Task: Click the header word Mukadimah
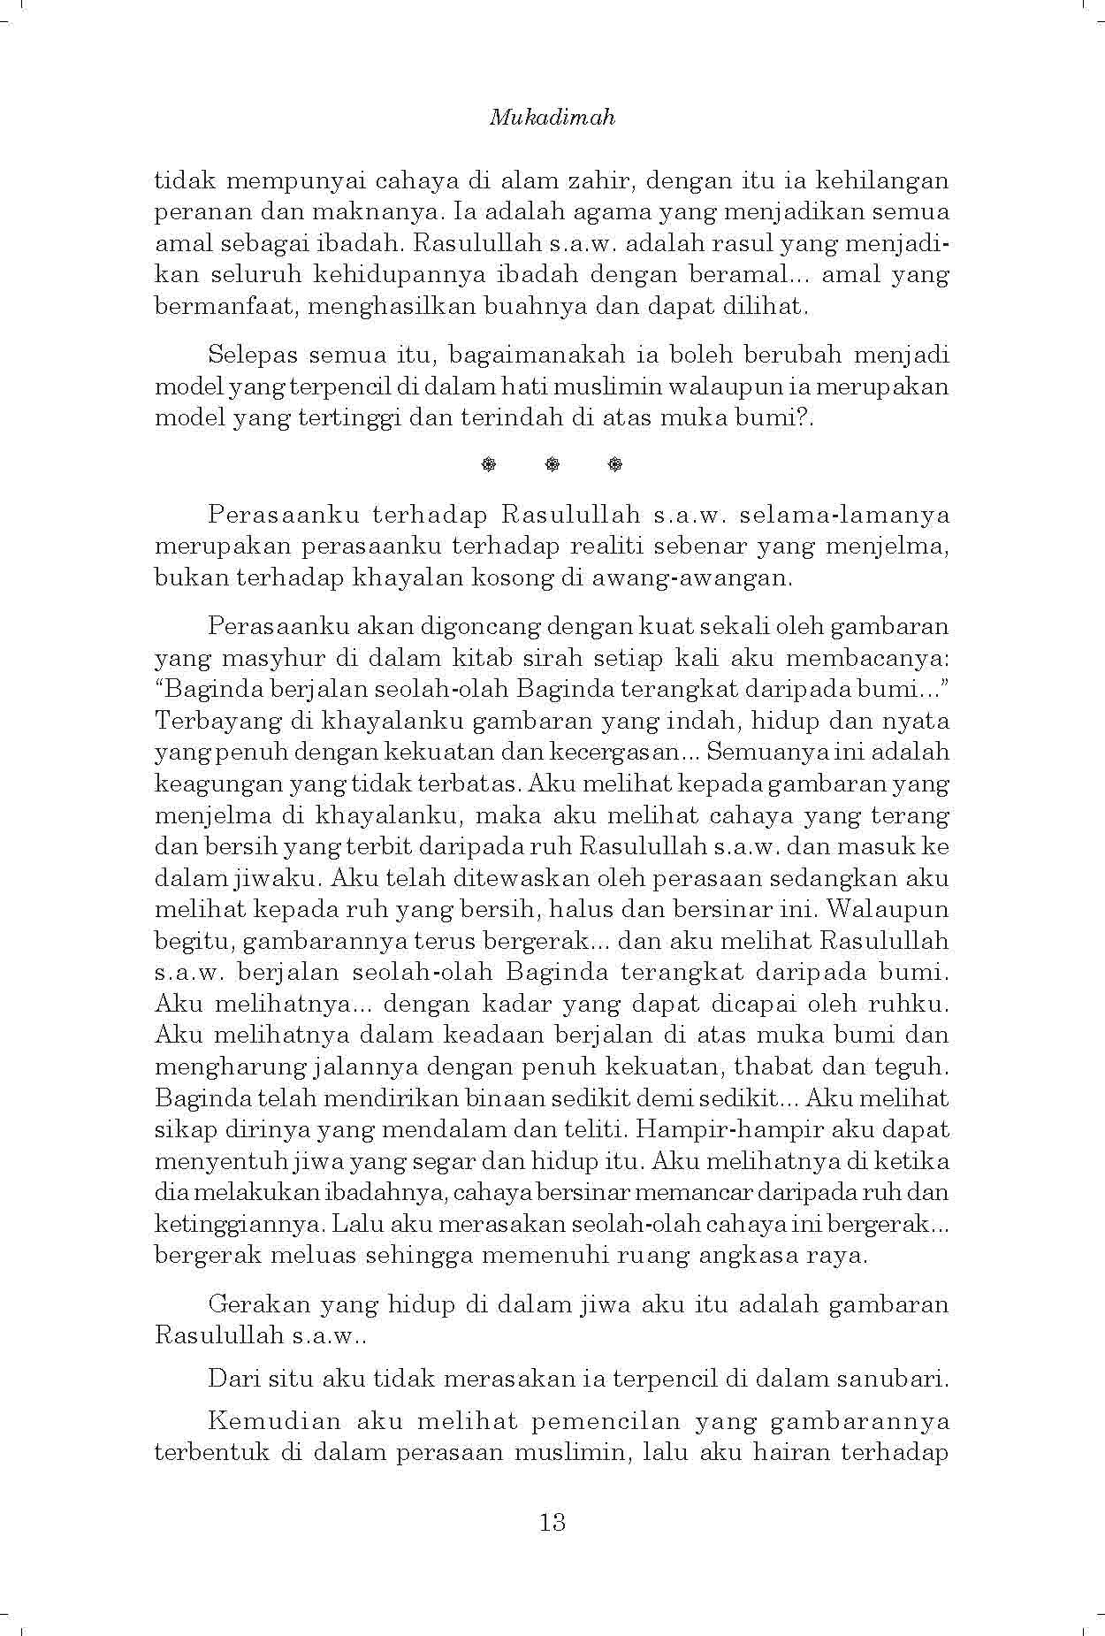pyautogui.click(x=552, y=118)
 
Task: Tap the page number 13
pyautogui.click(x=552, y=1522)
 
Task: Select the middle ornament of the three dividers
pyautogui.click(x=552, y=463)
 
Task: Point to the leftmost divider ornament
pyautogui.click(x=489, y=463)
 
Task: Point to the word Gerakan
pyautogui.click(x=255, y=1303)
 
